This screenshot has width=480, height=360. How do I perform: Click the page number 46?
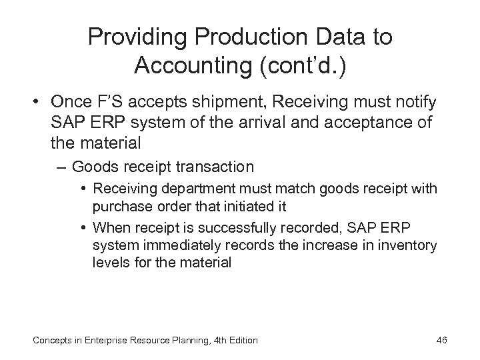click(441, 341)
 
